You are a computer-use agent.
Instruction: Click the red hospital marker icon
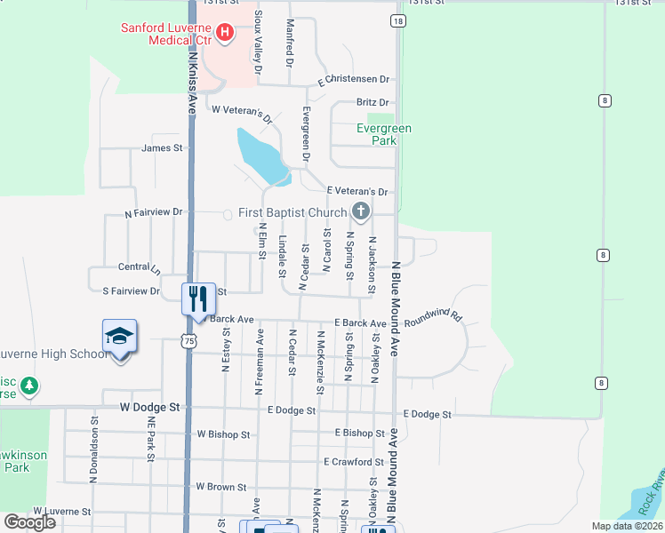coord(225,34)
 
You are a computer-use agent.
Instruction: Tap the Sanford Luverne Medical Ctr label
coord(169,33)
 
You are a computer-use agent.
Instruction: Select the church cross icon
coord(360,211)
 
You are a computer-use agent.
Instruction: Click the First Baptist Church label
coord(292,213)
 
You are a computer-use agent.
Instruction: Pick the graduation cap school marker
coord(119,336)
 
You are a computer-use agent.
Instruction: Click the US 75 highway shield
coord(187,340)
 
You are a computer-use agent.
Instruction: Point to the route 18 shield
coord(397,20)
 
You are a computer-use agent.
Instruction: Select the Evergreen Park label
coord(384,134)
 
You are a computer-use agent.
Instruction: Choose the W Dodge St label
coord(150,407)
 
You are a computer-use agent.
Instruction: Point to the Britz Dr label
coord(373,103)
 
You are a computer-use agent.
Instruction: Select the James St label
coord(161,148)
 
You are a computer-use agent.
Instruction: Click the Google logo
coord(30,522)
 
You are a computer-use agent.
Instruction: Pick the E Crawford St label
coord(353,462)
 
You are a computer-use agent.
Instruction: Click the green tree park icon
coord(30,386)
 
